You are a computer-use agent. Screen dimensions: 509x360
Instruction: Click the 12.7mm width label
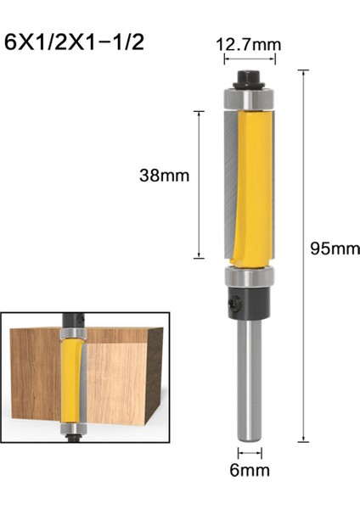249,42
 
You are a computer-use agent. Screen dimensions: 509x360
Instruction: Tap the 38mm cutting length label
163,176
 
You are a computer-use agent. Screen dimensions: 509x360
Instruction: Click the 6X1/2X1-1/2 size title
75,42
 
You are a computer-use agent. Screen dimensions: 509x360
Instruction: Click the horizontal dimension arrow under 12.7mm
249,59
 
